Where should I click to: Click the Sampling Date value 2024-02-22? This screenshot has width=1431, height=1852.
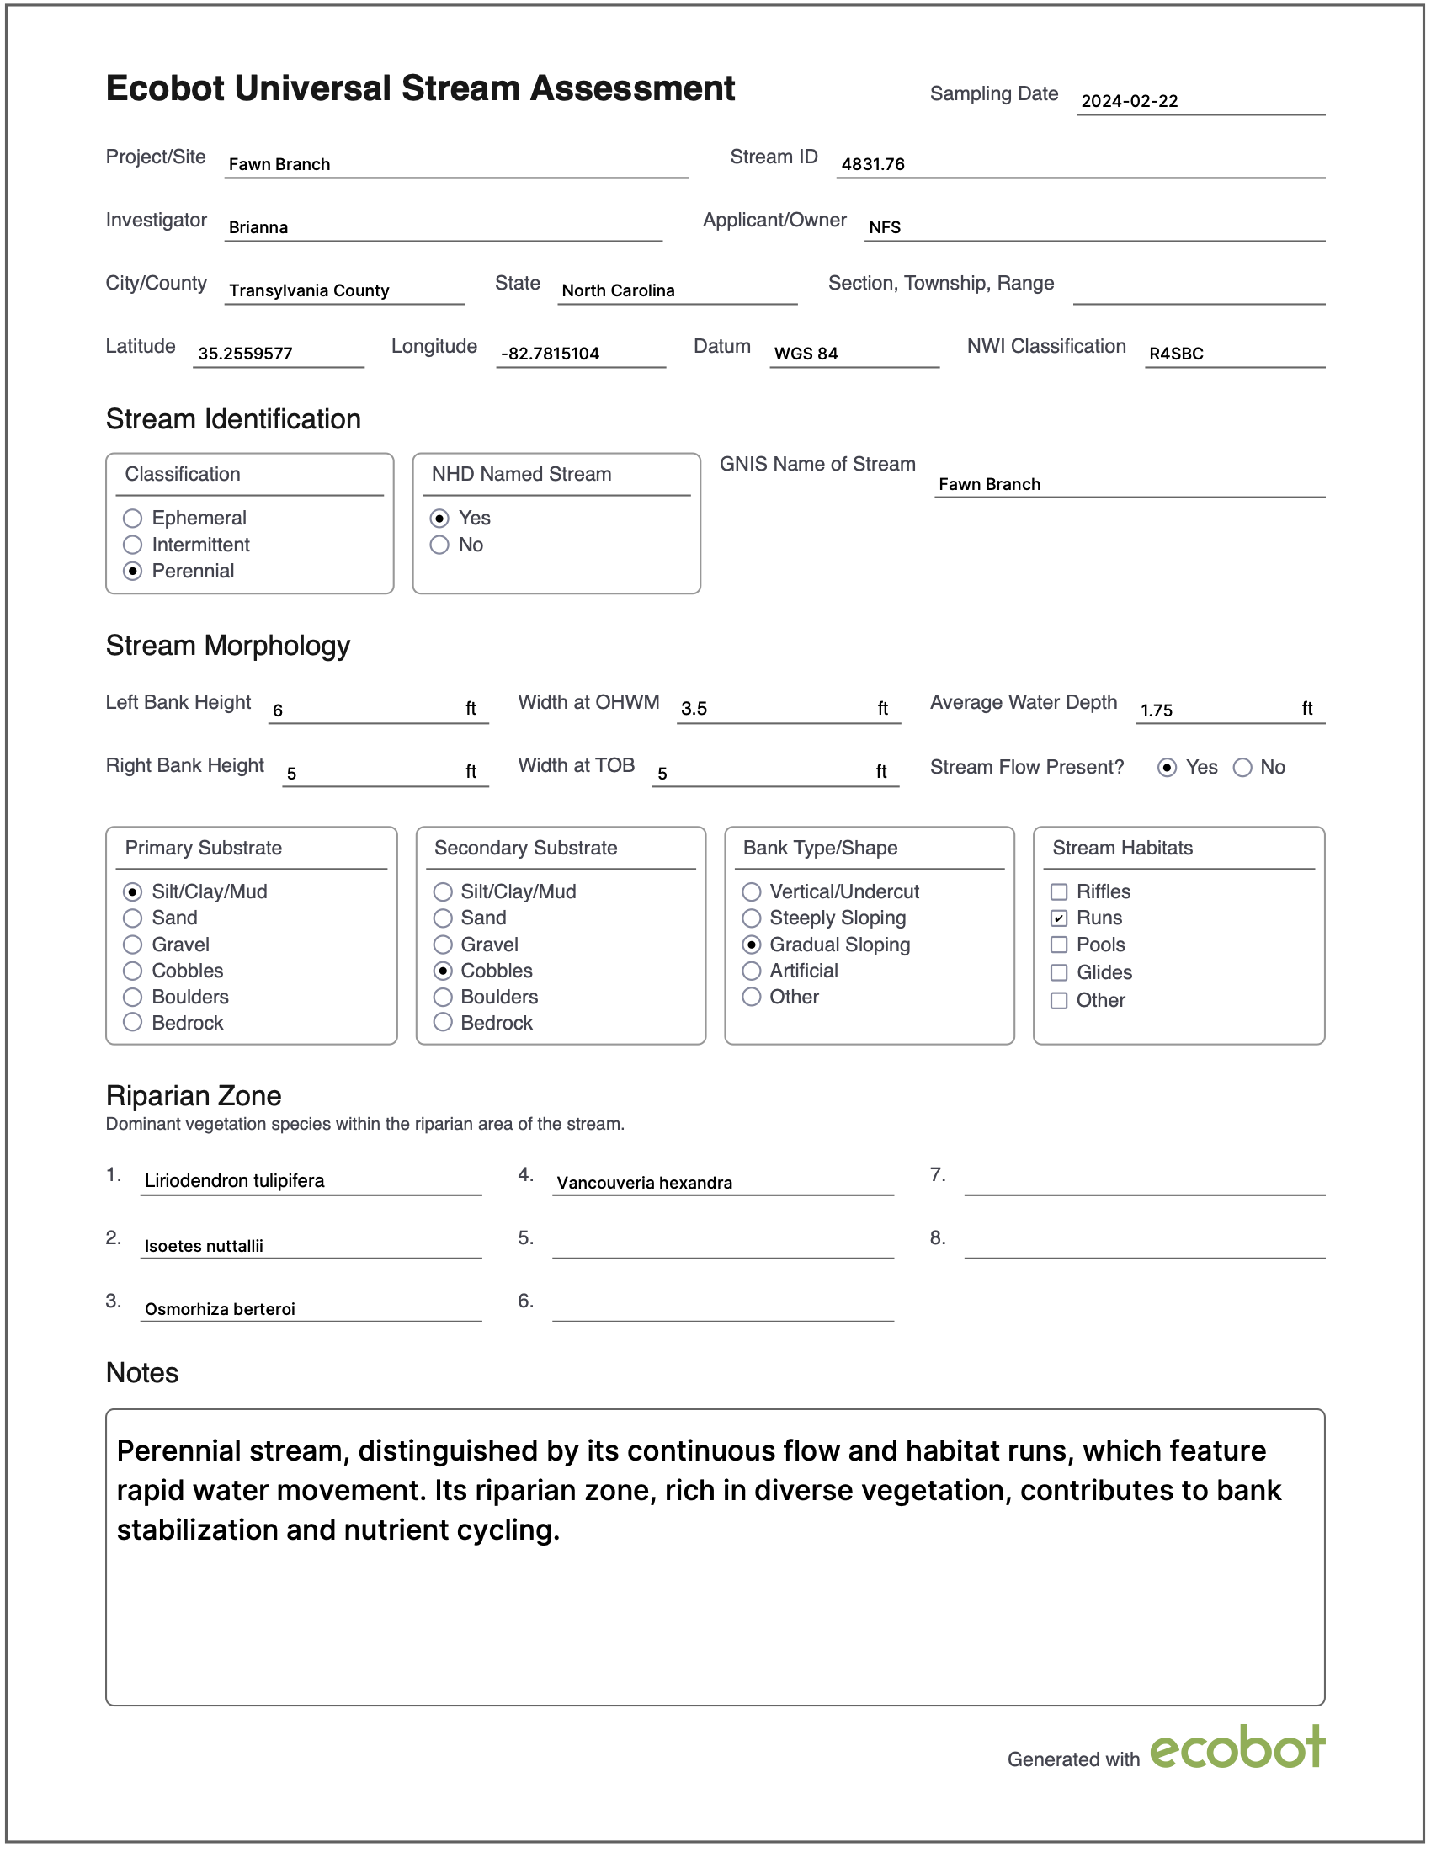(1129, 101)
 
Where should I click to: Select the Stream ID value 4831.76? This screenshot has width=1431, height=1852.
(872, 164)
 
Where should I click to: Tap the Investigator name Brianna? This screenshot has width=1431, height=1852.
(258, 227)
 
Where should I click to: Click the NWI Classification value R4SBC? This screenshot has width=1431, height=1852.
(1176, 354)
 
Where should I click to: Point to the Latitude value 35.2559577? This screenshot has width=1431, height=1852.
(245, 354)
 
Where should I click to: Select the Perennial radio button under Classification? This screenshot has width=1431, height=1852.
(133, 571)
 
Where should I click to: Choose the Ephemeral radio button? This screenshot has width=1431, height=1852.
(133, 518)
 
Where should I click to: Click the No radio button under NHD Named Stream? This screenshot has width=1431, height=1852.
(439, 545)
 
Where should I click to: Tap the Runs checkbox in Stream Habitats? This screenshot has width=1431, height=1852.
(1059, 918)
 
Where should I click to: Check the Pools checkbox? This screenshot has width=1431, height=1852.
(1059, 945)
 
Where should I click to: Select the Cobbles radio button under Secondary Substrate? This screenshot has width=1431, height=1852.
(443, 970)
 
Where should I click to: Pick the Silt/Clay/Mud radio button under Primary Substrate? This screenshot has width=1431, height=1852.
(133, 891)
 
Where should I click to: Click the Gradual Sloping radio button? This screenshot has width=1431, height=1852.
(751, 945)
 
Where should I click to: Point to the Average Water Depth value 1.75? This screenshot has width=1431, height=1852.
(1157, 710)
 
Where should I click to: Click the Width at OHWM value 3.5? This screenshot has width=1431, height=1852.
(694, 709)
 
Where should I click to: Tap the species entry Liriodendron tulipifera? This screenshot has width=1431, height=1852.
(234, 1180)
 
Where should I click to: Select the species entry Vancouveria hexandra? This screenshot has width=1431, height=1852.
(644, 1183)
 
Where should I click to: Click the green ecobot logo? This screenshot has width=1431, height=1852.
(1237, 1748)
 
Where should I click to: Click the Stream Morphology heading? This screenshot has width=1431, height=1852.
(228, 646)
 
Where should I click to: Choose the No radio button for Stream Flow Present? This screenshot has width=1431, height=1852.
(1242, 768)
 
